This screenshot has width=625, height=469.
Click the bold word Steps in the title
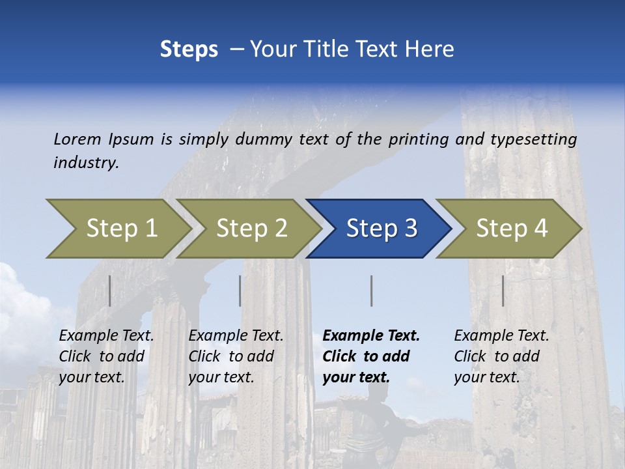coord(189,50)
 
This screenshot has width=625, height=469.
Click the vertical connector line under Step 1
coord(109,291)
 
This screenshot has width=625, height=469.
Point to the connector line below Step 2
coord(240,291)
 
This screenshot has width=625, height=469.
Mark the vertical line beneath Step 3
coord(371,291)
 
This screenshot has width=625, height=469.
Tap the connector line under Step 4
coord(503,291)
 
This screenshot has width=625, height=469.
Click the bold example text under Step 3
coord(371,356)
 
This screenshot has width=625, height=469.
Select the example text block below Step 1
coord(106,356)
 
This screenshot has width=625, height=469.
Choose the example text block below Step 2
coord(236,356)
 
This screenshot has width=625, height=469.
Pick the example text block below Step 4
coord(501,356)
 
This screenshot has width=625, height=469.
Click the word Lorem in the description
coord(77,139)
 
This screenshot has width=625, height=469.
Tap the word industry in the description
coord(86,162)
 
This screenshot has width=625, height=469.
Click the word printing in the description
coord(413,139)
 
